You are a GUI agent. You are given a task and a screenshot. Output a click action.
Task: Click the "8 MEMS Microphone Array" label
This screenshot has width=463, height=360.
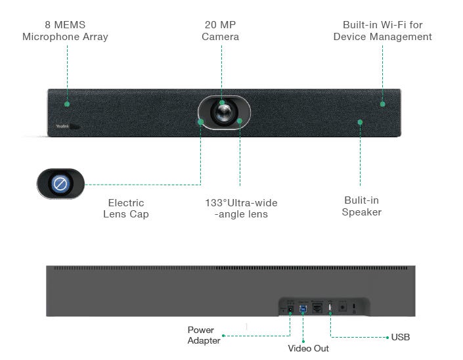coord(65,31)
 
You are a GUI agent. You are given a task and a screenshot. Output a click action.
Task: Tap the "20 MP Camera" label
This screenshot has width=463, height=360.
coord(220,31)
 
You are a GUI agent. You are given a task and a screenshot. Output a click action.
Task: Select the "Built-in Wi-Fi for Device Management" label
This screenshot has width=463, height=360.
coord(382,31)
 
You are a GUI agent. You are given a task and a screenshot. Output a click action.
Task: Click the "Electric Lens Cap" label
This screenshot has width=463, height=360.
coord(126,208)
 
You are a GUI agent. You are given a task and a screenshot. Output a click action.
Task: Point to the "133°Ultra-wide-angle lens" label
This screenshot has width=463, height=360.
coord(241,208)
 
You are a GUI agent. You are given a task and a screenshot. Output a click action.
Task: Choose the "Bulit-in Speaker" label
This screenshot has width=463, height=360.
coord(361,206)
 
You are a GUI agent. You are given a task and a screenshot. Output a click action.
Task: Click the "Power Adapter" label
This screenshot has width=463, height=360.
coord(204,335)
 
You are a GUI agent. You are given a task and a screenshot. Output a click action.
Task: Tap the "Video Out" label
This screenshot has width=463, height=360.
coord(308,348)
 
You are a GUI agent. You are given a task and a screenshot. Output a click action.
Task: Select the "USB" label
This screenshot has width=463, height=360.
coord(401,337)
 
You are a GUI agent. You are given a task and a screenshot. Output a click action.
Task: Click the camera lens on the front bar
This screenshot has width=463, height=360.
coord(224,112)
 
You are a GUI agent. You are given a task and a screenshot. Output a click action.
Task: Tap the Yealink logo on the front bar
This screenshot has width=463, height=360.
coord(62,126)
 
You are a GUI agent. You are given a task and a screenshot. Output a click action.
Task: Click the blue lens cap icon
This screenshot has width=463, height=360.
coord(60,184)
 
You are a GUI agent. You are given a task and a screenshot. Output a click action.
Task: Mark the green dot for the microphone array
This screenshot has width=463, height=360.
coord(67,104)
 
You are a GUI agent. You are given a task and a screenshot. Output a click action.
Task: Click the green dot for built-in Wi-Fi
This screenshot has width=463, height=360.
coord(383,104)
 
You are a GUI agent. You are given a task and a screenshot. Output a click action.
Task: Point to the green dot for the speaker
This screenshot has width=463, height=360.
coord(360,122)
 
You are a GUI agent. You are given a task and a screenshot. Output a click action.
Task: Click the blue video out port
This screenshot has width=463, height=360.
coord(303,309)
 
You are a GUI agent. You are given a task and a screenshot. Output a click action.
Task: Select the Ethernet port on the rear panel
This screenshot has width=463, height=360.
coord(317,308)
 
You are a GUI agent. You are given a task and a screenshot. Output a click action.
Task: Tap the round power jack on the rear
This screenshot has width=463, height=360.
coord(290,309)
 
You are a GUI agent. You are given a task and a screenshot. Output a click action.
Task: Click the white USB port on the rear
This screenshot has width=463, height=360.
coord(330,307)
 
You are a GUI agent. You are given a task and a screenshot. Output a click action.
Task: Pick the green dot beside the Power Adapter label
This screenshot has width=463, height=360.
coord(223,336)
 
